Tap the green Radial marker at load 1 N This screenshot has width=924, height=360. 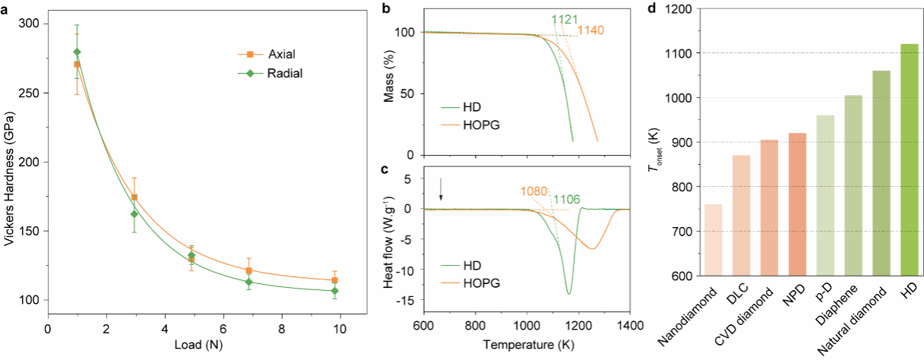[x=77, y=52]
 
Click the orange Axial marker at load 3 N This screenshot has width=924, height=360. [x=134, y=197]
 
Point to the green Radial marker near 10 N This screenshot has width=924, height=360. [x=335, y=291]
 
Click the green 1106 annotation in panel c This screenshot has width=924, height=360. [x=567, y=200]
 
